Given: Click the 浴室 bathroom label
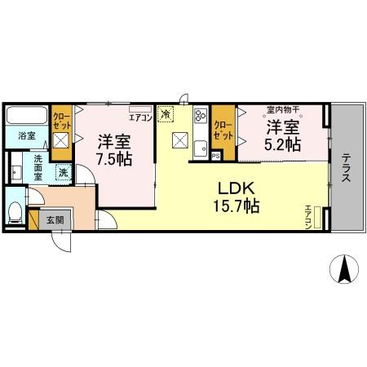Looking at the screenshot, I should (x=27, y=137).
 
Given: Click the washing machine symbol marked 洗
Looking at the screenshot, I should (x=62, y=173).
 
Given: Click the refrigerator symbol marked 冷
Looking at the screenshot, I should (x=166, y=115).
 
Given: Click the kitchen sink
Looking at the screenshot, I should (x=199, y=119).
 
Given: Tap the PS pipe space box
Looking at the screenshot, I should (x=215, y=155).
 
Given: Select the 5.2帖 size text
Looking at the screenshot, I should (x=283, y=144).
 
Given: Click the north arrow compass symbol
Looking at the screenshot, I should (x=345, y=268).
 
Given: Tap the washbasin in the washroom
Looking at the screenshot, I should (x=16, y=173).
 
